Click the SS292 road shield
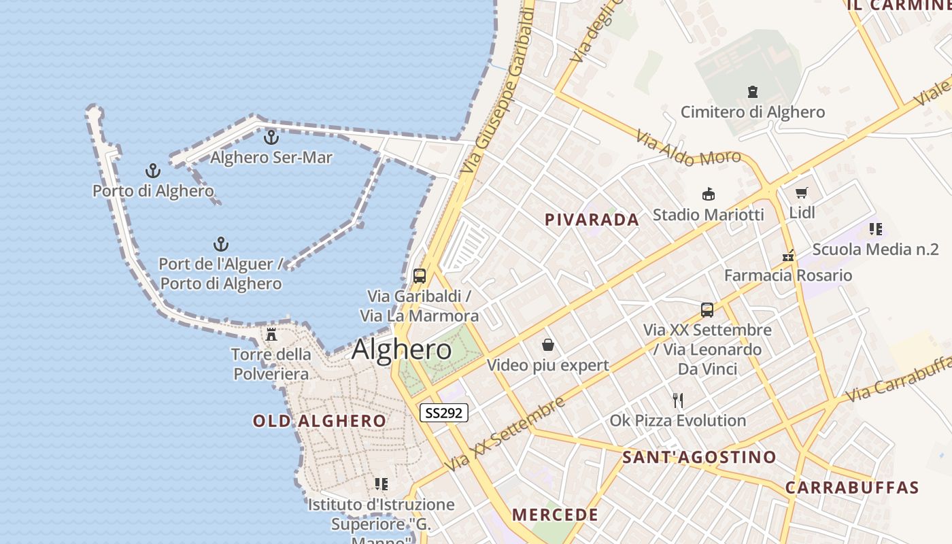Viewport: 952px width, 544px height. point(444,413)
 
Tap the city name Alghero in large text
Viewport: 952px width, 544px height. point(401,350)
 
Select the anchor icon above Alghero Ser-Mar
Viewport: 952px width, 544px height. point(271,137)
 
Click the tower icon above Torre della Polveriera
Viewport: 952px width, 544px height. point(271,334)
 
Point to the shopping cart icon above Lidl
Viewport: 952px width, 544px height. point(802,193)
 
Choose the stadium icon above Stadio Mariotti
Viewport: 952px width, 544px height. point(709,194)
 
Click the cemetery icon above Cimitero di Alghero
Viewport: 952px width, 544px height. point(753,92)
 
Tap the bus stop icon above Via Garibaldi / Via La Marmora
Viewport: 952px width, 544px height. point(420,276)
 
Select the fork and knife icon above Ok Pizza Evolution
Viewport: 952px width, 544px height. point(677,400)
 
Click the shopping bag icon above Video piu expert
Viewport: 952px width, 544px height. point(548,345)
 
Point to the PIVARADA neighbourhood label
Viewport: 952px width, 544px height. point(592,220)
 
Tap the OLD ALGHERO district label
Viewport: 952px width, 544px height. point(320,421)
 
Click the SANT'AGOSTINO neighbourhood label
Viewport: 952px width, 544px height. point(699,457)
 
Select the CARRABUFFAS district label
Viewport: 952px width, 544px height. point(852,488)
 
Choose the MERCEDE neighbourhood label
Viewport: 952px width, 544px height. point(555,515)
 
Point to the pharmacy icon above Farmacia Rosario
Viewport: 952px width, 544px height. point(788,256)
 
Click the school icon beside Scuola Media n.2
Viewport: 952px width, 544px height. point(875,229)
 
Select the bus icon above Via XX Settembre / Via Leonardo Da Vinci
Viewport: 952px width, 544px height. point(707,310)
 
